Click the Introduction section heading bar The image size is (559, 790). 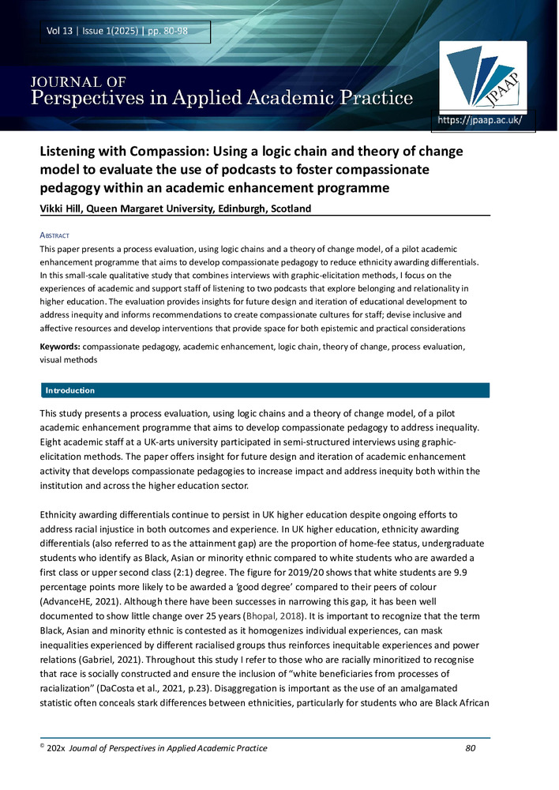[x=264, y=390]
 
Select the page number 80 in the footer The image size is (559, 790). [x=472, y=747]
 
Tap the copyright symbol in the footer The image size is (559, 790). [x=43, y=747]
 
